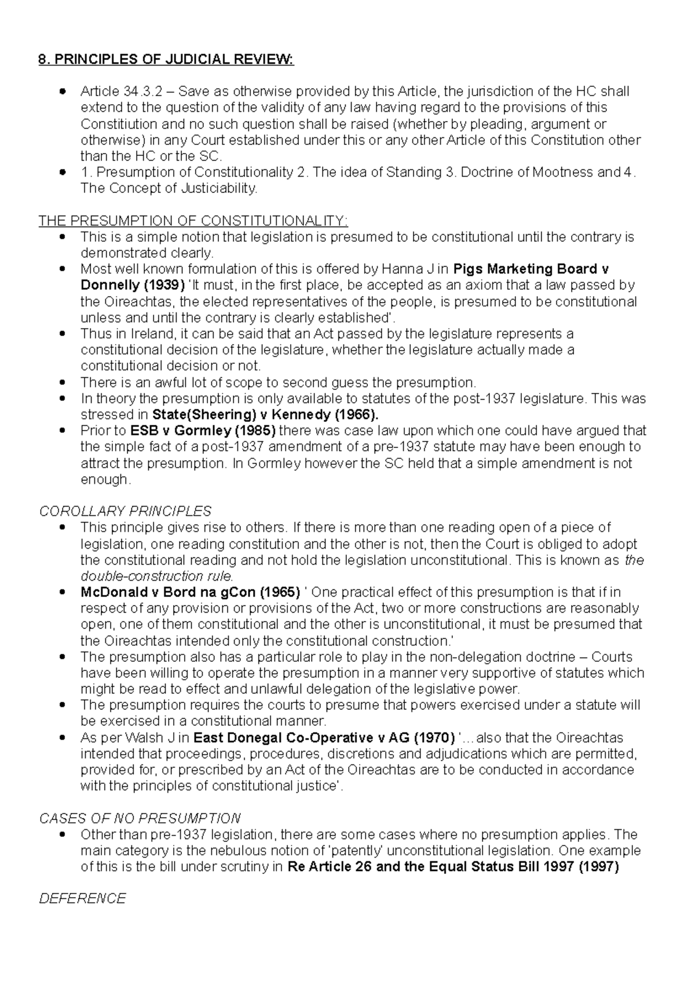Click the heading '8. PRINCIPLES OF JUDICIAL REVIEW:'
coord(166,60)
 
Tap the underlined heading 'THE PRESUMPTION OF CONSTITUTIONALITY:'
coord(193,221)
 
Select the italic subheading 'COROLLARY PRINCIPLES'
coord(125,511)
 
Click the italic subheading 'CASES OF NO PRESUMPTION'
coord(140,818)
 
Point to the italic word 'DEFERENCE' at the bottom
coord(82,898)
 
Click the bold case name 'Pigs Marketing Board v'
coord(531,269)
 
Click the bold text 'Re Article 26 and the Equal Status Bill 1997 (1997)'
coord(453,867)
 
